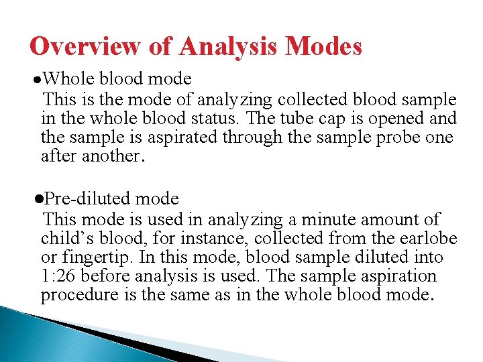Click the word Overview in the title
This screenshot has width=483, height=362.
tap(84, 47)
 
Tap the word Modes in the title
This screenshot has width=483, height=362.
tap(324, 47)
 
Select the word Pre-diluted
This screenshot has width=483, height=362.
tap(88, 199)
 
